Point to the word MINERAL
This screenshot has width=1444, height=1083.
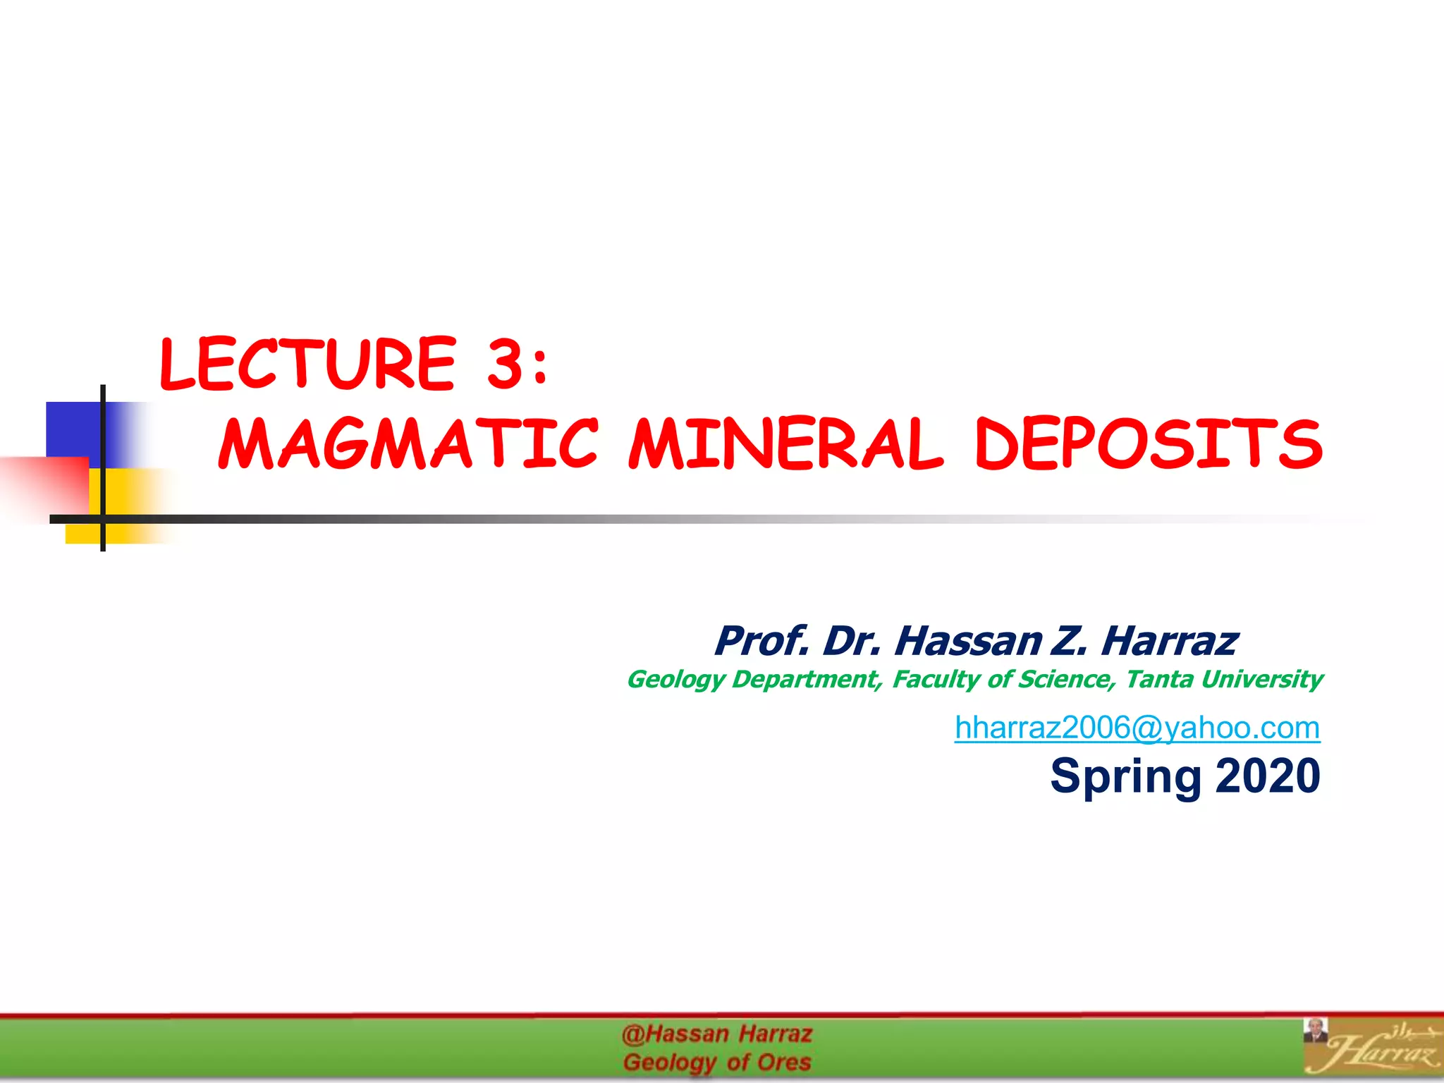click(785, 444)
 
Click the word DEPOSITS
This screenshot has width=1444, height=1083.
click(1149, 444)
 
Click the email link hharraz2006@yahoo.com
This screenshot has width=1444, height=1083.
click(1137, 728)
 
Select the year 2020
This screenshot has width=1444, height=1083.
click(1267, 776)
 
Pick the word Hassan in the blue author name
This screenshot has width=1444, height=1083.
click(968, 641)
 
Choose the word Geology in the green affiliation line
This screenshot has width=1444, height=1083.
click(675, 680)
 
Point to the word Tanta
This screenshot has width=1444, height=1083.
click(1159, 679)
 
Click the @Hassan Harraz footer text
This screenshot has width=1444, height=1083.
click(717, 1034)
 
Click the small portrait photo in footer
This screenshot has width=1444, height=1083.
click(1315, 1030)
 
